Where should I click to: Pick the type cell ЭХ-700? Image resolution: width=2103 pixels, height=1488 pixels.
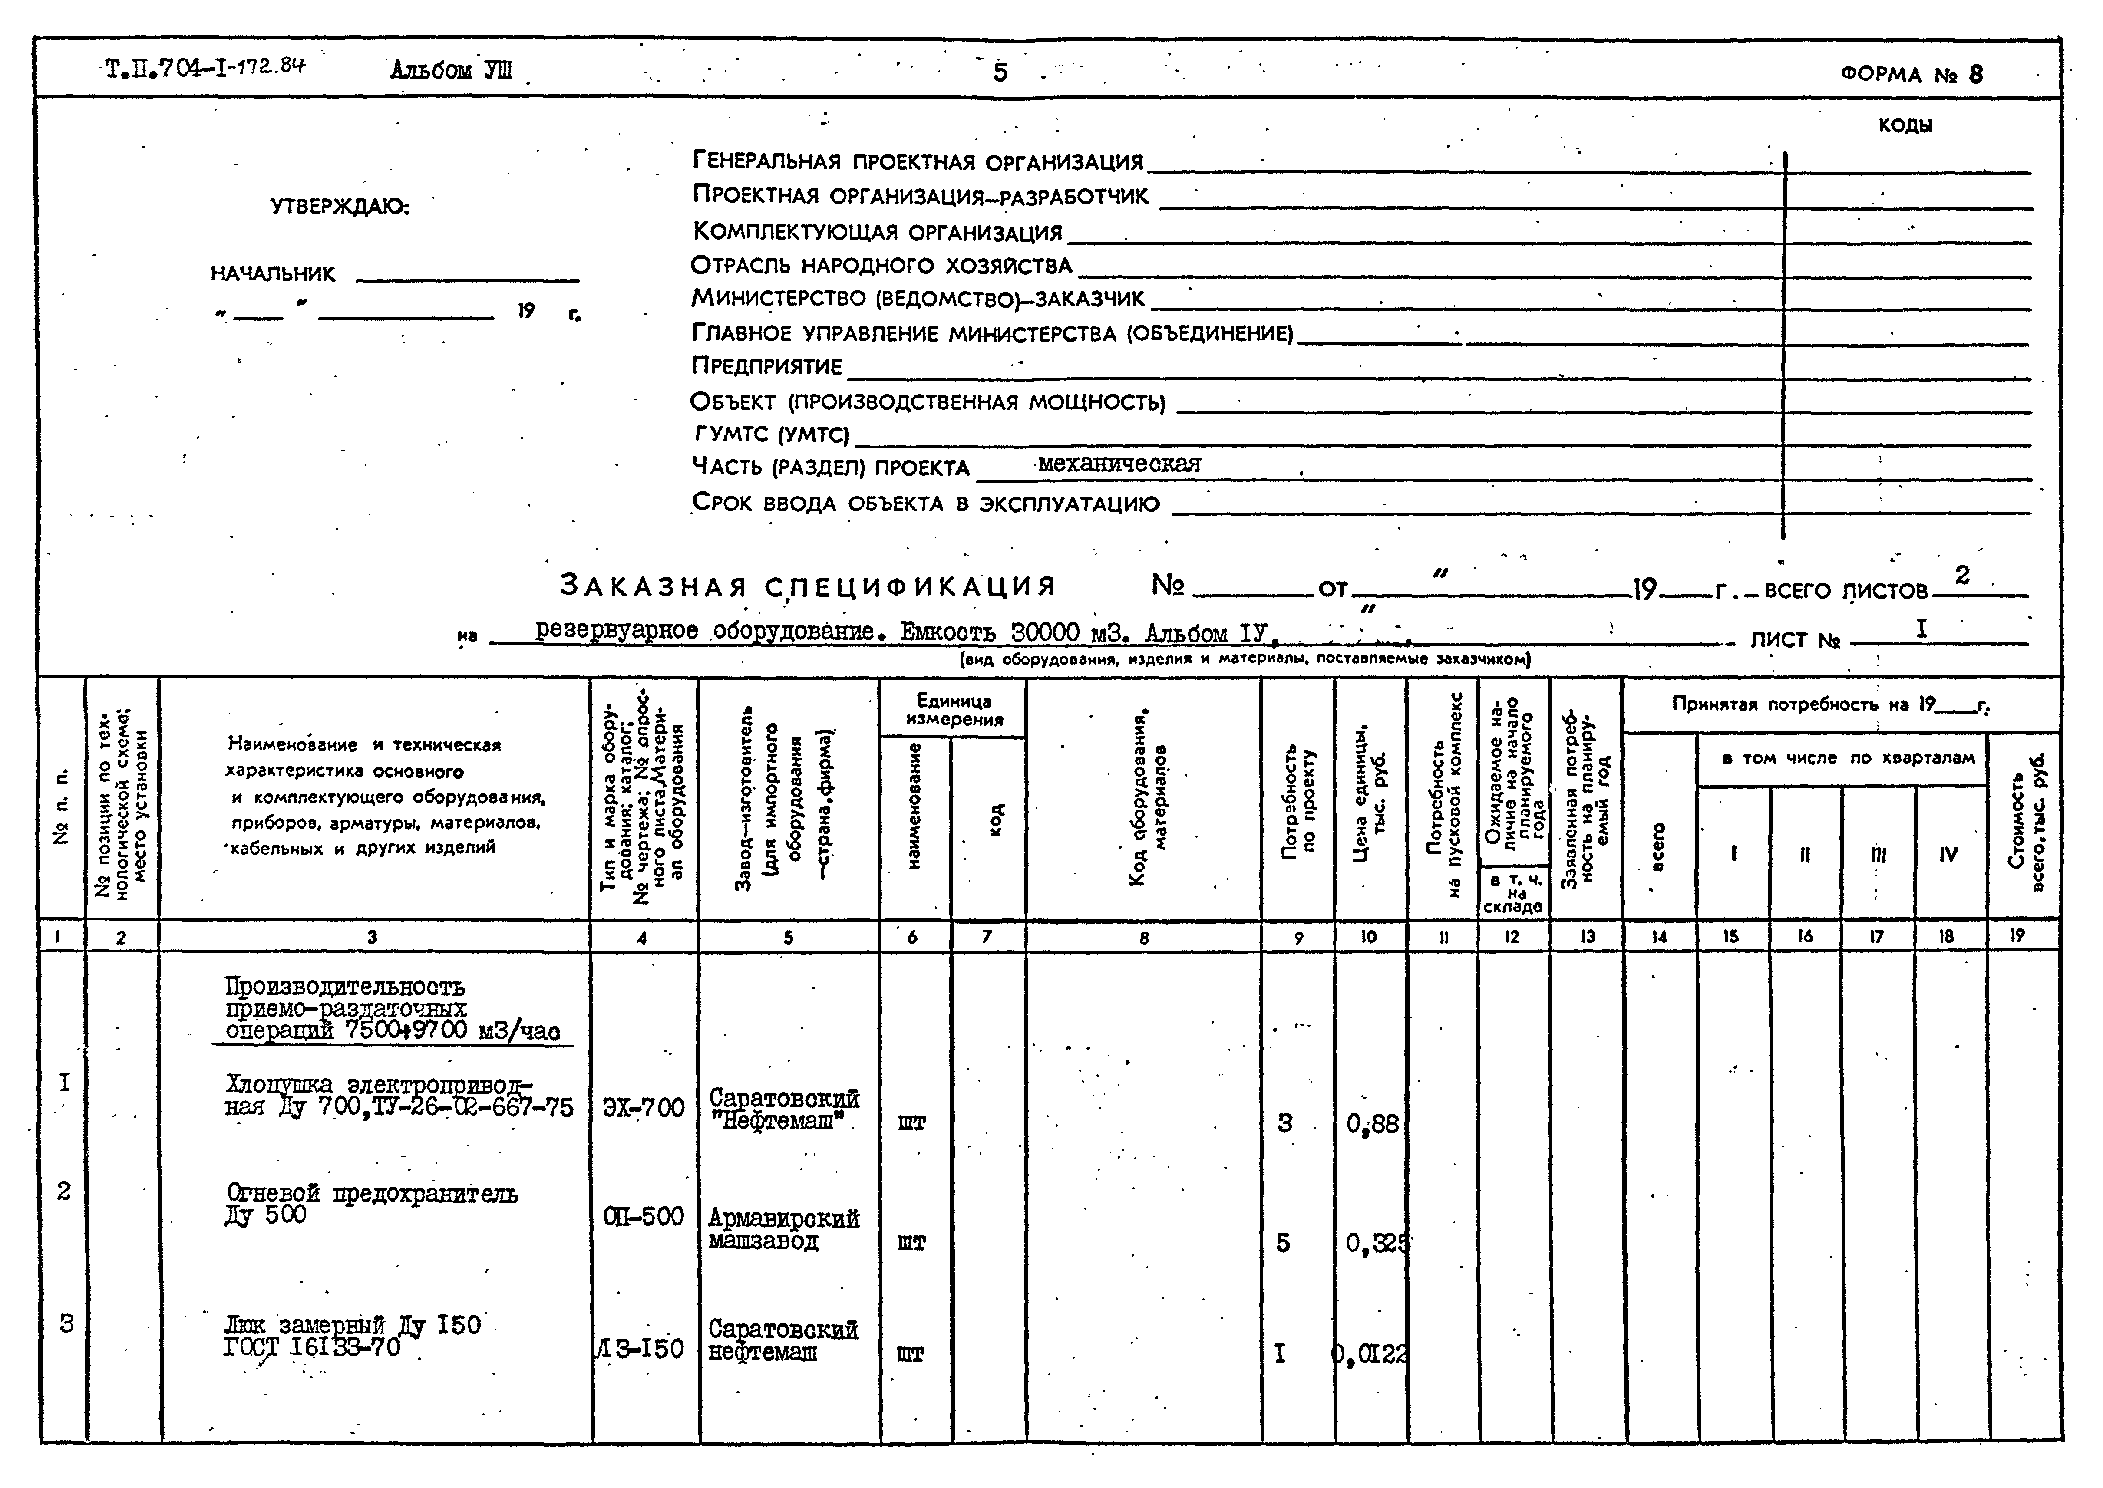[x=643, y=1108]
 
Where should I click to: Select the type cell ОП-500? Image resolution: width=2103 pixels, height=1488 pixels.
[x=643, y=1217]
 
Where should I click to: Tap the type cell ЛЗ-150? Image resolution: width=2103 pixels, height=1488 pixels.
[x=640, y=1349]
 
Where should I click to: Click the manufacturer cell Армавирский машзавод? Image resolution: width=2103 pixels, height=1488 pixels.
[x=783, y=1230]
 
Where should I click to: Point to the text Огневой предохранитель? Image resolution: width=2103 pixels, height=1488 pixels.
[x=371, y=1194]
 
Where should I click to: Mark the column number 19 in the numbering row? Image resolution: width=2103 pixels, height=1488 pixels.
[x=2017, y=935]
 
